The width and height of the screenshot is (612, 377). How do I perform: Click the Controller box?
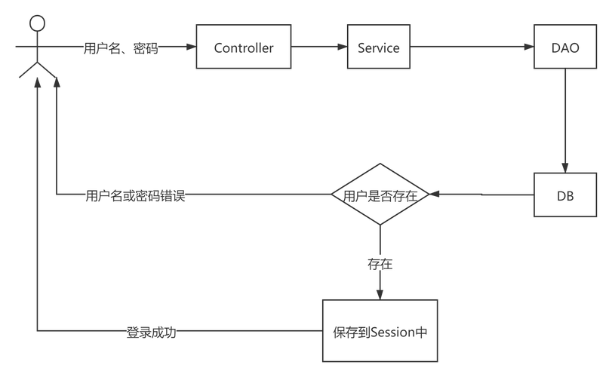(243, 48)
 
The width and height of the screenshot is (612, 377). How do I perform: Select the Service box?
(378, 48)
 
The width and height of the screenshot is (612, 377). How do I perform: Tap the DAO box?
(565, 48)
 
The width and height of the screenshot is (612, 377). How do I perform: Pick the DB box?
(565, 195)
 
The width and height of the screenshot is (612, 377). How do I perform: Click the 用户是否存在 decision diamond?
(380, 195)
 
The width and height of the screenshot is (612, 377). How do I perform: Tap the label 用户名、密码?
(121, 48)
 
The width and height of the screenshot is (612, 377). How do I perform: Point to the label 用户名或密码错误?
(135, 196)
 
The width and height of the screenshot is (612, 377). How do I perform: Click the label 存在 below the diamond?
(379, 264)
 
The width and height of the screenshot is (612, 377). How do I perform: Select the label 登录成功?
(151, 332)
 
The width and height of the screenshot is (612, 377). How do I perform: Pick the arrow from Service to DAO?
(472, 48)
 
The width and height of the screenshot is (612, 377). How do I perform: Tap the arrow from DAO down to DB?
(565, 121)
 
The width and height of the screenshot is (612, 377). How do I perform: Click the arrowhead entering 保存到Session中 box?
(380, 293)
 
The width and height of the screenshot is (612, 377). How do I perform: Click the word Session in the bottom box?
(392, 332)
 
